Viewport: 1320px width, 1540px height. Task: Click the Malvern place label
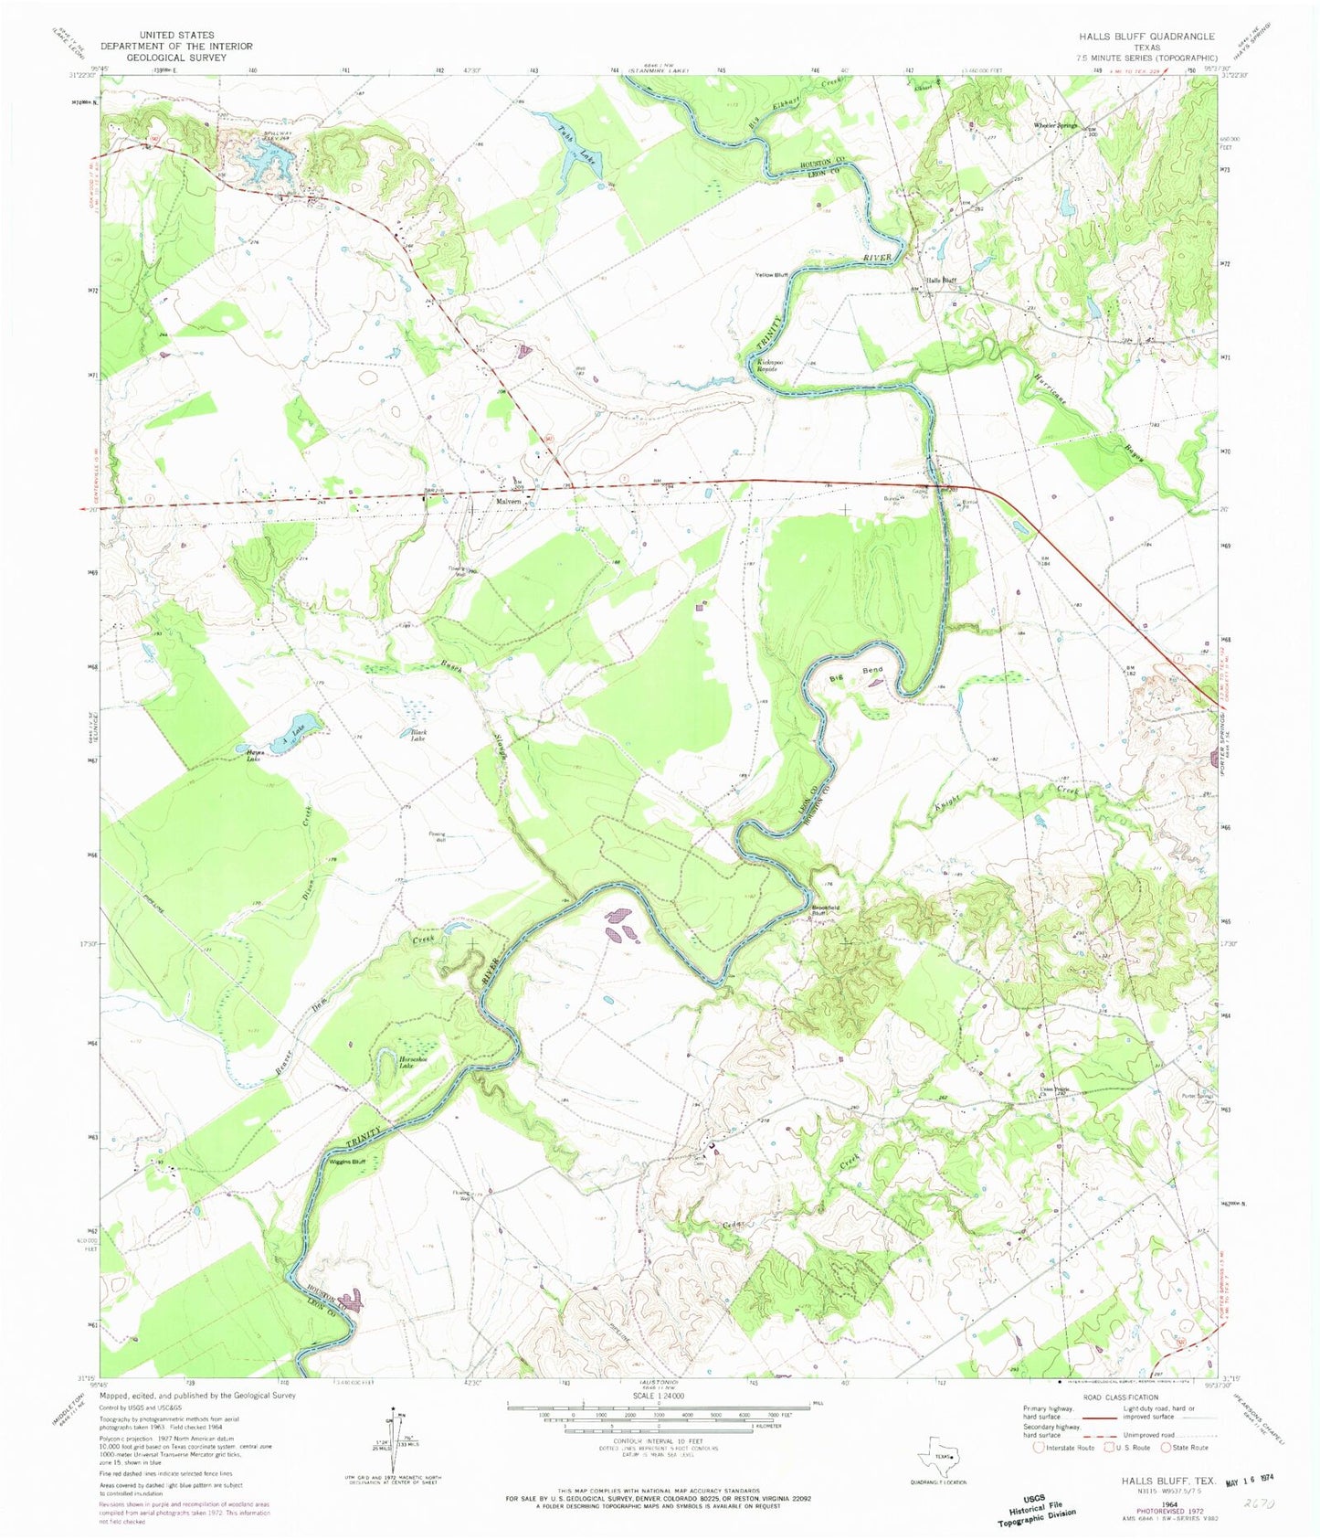pos(509,502)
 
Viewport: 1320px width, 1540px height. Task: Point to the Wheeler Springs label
pos(1055,125)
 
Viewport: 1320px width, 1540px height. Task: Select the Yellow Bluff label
pos(771,275)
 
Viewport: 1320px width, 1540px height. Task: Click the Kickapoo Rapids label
pos(773,365)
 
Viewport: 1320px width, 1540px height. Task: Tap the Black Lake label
pos(411,735)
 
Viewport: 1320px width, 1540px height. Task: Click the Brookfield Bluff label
pos(824,910)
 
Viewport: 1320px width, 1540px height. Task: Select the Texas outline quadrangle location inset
pos(945,1457)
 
